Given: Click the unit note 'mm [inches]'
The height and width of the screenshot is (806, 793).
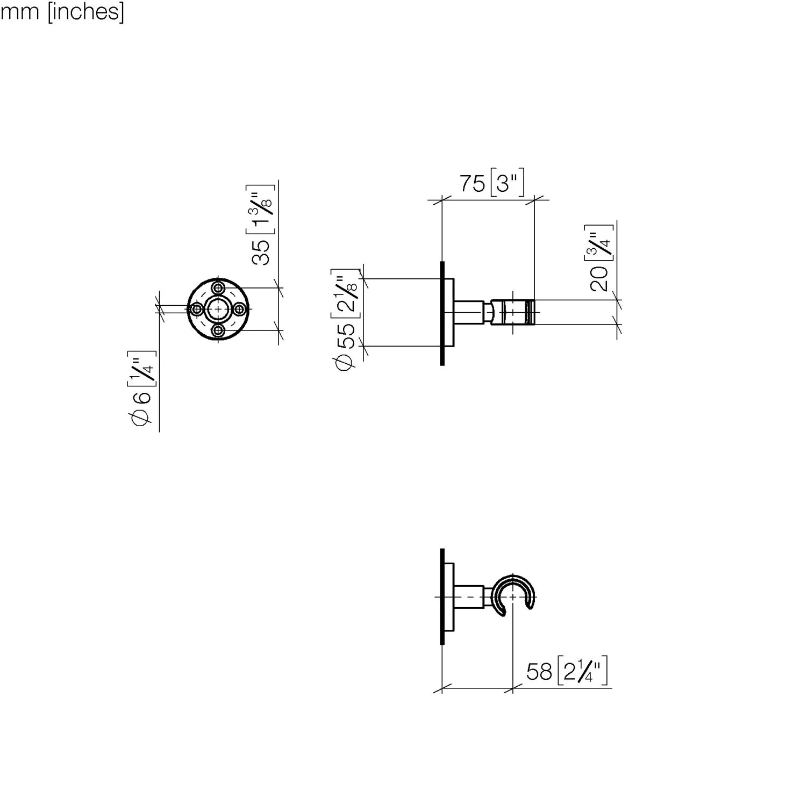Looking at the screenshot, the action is point(62,11).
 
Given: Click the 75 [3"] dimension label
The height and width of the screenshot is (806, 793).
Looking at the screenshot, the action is point(491,184).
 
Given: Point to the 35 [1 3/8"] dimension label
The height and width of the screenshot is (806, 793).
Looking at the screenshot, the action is point(262,224).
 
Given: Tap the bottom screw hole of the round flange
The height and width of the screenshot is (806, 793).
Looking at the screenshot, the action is point(218,330).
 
